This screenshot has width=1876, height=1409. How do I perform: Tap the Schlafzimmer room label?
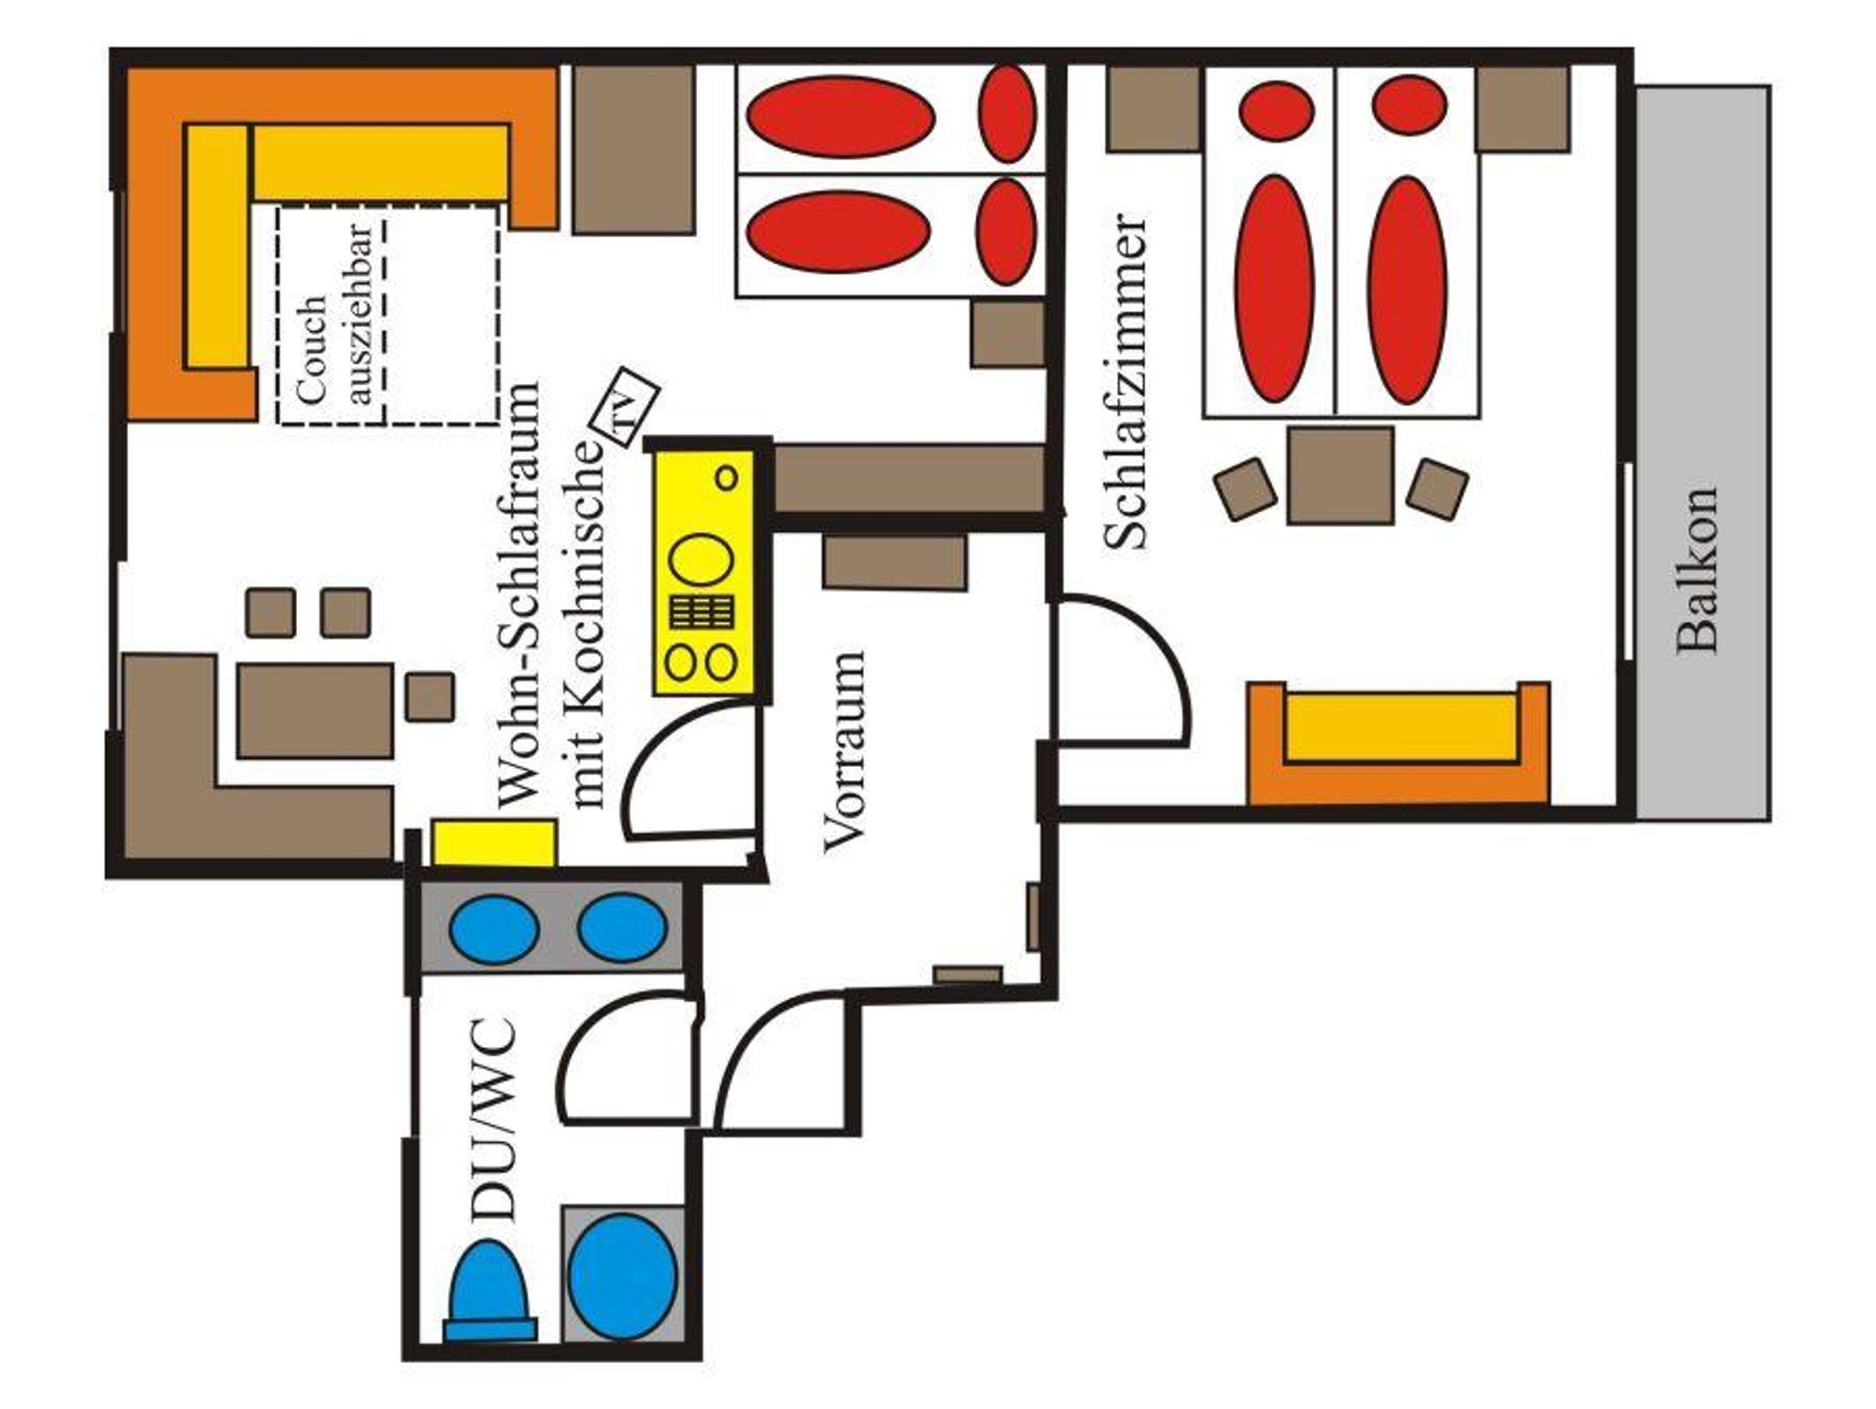1124,383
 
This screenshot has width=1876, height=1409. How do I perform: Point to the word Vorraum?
844,752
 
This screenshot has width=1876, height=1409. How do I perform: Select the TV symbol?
623,407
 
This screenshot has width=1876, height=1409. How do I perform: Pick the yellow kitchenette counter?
703,573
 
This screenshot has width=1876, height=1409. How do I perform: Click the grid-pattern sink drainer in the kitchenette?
703,611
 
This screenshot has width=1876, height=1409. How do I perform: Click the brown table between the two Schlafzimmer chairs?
1340,475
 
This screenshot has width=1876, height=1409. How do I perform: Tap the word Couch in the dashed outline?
312,350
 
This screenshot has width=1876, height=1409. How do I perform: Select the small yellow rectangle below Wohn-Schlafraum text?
495,843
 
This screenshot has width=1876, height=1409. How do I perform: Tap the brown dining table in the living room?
316,711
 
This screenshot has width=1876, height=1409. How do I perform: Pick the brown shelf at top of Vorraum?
895,562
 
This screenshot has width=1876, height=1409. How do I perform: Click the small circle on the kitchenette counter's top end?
726,477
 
